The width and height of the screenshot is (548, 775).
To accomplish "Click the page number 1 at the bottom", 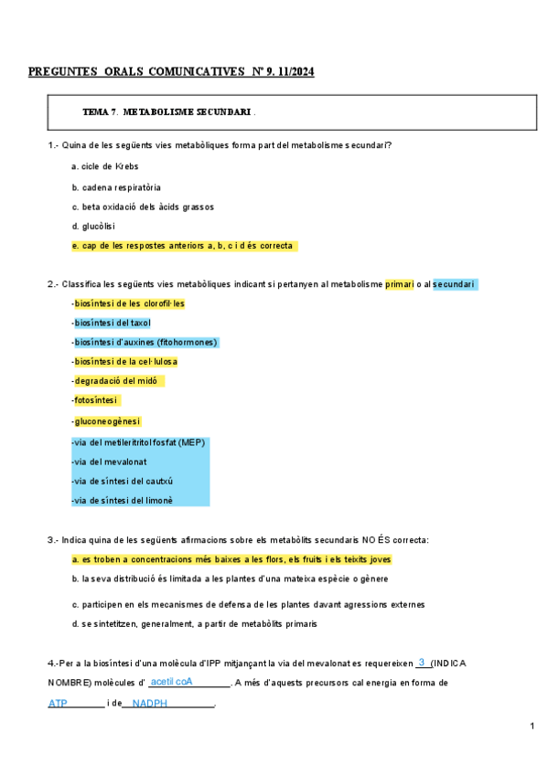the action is coord(532,726).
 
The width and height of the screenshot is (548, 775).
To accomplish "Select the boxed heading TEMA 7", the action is coord(101,111).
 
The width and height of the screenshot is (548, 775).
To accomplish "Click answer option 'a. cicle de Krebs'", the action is coord(104,166).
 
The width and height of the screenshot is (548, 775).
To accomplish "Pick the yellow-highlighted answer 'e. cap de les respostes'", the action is coord(183,246).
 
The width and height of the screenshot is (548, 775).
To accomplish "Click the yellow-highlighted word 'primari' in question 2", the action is coord(399,284).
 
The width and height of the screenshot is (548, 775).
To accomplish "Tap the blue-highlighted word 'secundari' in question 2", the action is coord(454,284).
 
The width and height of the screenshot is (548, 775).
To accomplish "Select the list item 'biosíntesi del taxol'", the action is coord(112,323).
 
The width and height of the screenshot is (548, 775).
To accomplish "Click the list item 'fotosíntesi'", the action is coord(97,399).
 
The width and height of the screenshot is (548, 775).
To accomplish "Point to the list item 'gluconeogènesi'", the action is coord(107,420).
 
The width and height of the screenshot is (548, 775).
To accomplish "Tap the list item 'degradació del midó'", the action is coord(117,380).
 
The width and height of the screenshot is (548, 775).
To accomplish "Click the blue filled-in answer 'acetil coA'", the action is coord(171,682).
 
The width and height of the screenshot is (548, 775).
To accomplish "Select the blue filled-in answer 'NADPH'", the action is coord(150,704).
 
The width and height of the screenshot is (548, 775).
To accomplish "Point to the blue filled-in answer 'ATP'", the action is coord(58,704).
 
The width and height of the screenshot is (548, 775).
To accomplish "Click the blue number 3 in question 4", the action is coord(421,662).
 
